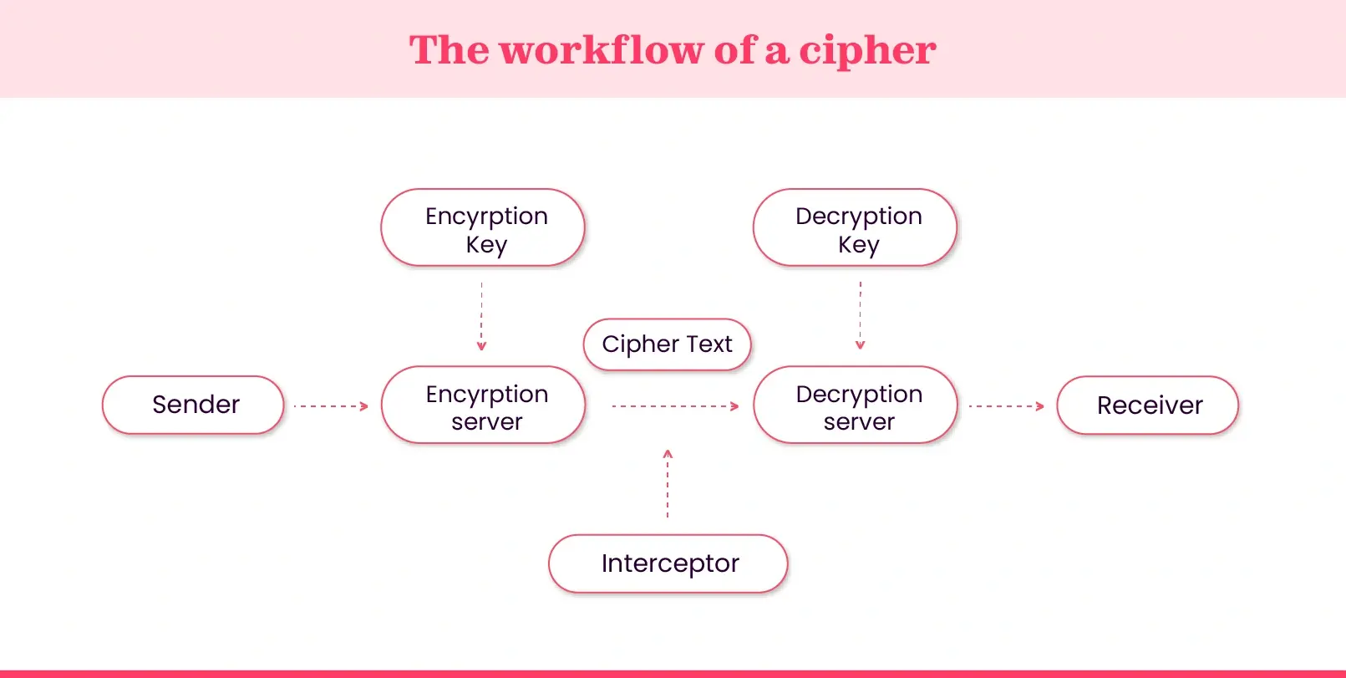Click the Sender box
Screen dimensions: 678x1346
tap(193, 405)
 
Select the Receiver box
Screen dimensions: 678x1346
tap(1147, 405)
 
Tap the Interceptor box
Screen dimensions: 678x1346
tap(668, 563)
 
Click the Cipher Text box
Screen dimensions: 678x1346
tap(667, 344)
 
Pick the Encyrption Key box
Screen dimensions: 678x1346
tap(483, 228)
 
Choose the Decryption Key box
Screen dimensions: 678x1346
tap(855, 228)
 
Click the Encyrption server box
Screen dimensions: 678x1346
tap(483, 405)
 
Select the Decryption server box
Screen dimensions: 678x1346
tap(855, 405)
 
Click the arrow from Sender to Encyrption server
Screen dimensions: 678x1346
tap(331, 406)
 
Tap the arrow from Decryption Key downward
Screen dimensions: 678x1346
tap(860, 315)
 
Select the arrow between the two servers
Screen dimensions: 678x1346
tap(675, 406)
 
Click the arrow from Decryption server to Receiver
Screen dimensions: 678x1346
tap(1006, 406)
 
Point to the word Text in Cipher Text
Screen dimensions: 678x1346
tap(709, 344)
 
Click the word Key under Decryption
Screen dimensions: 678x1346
tap(859, 245)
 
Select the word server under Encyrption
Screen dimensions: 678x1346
tap(486, 422)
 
